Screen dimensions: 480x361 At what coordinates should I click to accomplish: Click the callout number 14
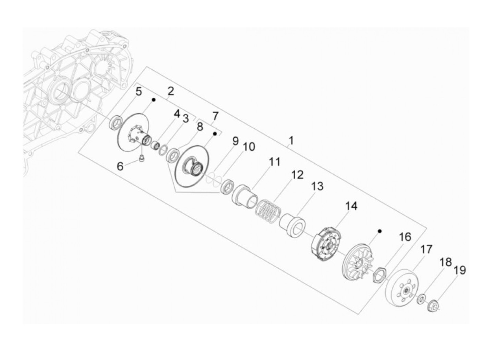click(x=351, y=206)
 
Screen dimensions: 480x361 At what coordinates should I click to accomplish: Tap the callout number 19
click(x=459, y=270)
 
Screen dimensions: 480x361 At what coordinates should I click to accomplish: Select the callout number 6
click(x=120, y=166)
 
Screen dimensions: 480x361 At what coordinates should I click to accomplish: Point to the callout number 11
click(x=274, y=162)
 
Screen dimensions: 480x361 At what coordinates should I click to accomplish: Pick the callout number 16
click(x=405, y=237)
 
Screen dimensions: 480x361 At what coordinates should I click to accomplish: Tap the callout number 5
click(x=139, y=92)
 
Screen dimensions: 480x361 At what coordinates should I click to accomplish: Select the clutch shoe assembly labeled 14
click(x=326, y=244)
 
